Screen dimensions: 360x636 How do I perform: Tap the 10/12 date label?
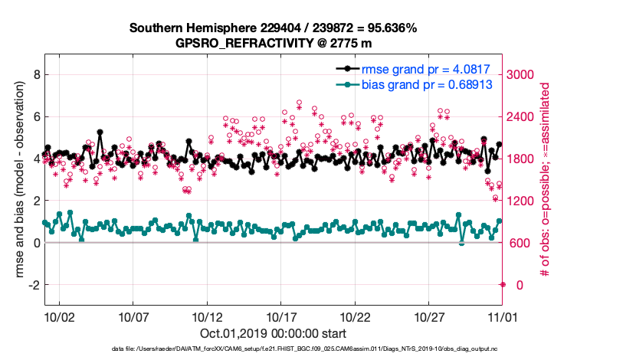pos(207,316)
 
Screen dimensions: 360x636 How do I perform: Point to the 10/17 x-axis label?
pos(281,316)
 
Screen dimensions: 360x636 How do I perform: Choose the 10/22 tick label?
pos(356,316)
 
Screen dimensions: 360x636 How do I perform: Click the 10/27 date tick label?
pos(429,316)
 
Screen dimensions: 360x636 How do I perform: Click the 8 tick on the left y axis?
pos(35,75)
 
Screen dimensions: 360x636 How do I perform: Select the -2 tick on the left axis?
pos(33,285)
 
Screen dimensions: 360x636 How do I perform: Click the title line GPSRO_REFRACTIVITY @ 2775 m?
pos(273,43)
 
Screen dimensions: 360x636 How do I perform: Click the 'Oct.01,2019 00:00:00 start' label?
pos(273,333)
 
